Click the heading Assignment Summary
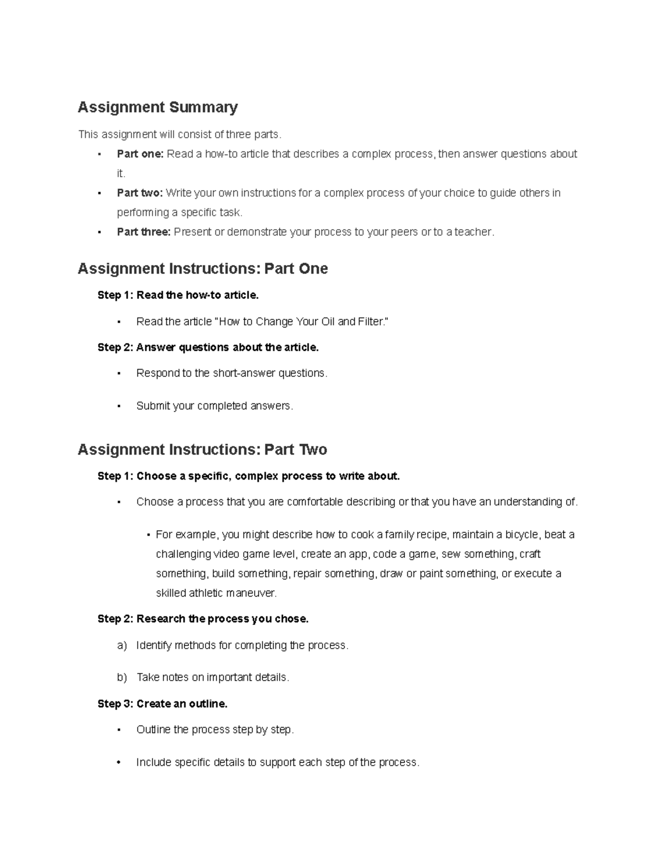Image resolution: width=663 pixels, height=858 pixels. tap(157, 107)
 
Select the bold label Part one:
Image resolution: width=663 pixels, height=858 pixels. tap(140, 154)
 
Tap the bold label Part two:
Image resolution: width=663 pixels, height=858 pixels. tap(139, 193)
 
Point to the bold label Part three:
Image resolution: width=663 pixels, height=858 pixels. tap(143, 232)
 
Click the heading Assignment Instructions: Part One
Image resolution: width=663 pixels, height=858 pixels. tap(203, 269)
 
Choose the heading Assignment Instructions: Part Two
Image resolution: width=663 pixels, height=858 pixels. tap(202, 450)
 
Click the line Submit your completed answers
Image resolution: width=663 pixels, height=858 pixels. tap(214, 406)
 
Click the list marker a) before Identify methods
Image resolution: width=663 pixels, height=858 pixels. tap(122, 645)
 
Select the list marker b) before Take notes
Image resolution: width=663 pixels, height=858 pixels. tap(122, 677)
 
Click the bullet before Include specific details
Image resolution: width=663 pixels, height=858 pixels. tap(119, 762)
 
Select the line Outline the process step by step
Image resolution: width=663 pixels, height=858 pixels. tap(215, 730)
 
